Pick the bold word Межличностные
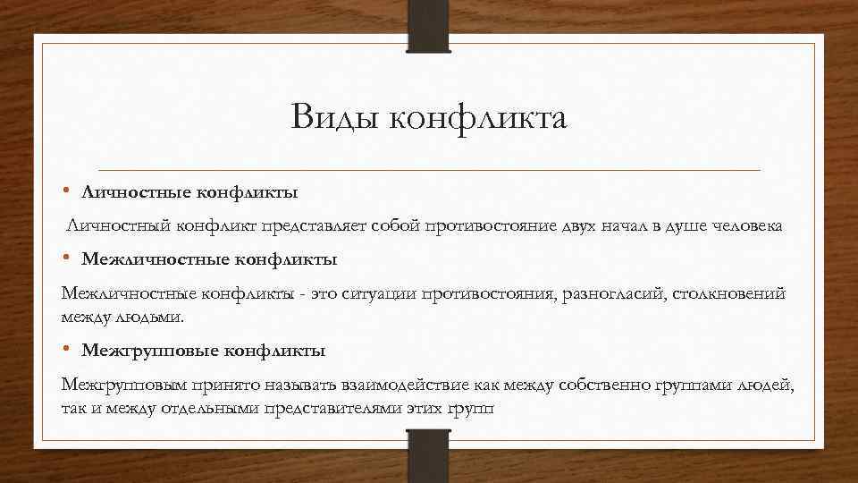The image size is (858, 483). point(155,260)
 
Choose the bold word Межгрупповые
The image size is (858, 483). point(148,350)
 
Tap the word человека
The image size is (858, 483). point(747,226)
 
